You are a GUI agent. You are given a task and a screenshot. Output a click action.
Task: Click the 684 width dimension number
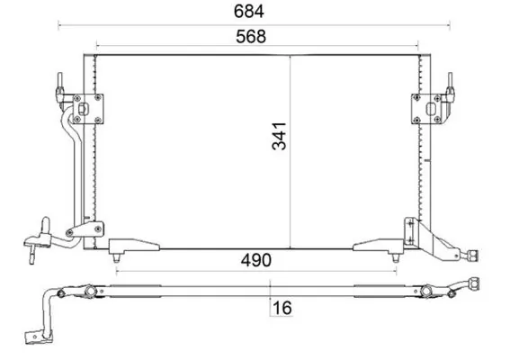point(249,12)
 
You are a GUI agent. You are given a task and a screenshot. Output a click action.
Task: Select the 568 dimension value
point(251,37)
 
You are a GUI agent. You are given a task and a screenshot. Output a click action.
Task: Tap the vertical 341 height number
point(279,137)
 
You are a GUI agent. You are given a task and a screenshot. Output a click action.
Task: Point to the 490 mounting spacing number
point(255,260)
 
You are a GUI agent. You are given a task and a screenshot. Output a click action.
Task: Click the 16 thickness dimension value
point(282,308)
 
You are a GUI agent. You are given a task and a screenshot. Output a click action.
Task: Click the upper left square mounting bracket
point(88,109)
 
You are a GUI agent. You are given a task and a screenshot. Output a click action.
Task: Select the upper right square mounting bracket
point(426,109)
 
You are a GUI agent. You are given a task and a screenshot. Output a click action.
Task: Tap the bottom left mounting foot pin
point(116,258)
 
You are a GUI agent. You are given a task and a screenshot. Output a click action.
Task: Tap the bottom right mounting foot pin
point(396,258)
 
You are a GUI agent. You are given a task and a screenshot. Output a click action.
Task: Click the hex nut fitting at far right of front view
point(472,255)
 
